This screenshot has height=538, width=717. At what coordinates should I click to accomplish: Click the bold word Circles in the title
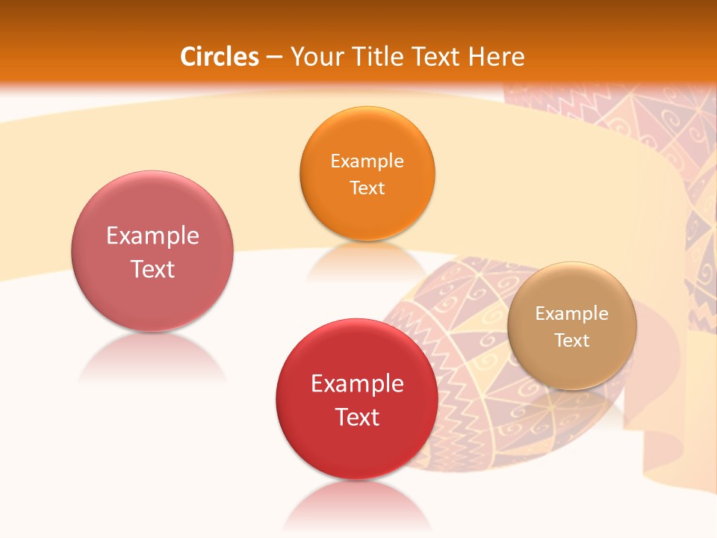coord(220,57)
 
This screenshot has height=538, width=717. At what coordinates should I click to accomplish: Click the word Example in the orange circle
coord(367,161)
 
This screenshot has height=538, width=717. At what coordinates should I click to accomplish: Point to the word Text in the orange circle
coord(367,188)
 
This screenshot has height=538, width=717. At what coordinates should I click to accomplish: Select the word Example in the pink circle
coord(152,236)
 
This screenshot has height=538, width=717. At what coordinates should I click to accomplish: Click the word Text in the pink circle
coord(152,269)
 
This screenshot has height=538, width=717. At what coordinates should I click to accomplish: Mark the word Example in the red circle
coord(357,384)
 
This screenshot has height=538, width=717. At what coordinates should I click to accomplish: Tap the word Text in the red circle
coord(357,417)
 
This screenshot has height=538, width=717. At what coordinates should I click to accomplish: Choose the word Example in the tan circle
coord(571,314)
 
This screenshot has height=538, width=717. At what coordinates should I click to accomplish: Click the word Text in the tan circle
coord(571,341)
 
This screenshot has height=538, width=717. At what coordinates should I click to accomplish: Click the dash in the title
coord(273,58)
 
